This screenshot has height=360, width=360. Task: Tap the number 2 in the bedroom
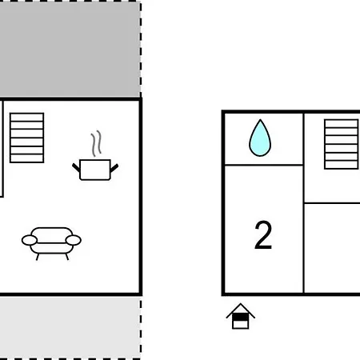(x=263, y=235)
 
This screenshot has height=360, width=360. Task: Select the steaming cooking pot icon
(x=95, y=156)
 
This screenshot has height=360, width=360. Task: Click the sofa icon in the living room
(x=51, y=243)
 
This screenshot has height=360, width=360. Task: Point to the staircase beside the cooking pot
(x=26, y=138)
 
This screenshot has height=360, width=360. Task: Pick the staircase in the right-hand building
(x=342, y=144)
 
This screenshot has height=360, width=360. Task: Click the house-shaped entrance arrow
(x=241, y=316)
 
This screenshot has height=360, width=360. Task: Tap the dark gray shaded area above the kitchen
(x=70, y=50)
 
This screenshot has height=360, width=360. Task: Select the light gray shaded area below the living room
(x=70, y=327)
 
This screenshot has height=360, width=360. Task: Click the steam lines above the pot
(x=96, y=143)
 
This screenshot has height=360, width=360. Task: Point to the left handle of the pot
(x=76, y=167)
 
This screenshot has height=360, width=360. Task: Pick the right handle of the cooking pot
(x=114, y=168)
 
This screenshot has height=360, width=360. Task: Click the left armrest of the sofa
(x=30, y=240)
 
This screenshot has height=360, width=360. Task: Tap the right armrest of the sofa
(x=74, y=240)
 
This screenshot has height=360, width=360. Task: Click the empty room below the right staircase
(x=332, y=248)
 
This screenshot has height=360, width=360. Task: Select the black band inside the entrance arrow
(x=241, y=318)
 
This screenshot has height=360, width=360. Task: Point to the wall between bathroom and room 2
(x=264, y=165)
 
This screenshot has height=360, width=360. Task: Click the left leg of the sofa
(x=38, y=257)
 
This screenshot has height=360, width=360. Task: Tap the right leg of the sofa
(x=67, y=257)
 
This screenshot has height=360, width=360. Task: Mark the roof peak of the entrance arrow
(x=241, y=304)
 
